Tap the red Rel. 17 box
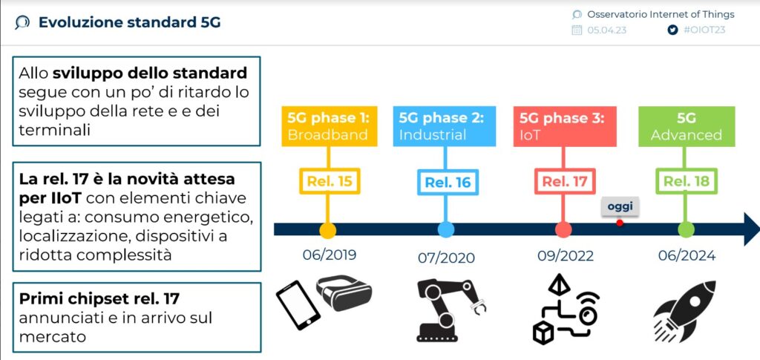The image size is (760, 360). (x=564, y=182)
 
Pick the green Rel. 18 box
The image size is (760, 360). (x=686, y=182)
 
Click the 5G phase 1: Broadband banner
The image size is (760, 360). (x=328, y=126)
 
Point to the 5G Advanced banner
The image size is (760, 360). (x=686, y=126)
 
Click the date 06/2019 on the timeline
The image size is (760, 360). (x=329, y=255)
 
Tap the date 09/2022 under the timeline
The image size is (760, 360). (x=566, y=255)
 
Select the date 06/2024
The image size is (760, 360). (x=687, y=255)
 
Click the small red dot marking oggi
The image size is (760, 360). (x=620, y=223)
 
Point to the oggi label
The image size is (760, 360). (x=620, y=206)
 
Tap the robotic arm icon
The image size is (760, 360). (x=445, y=310)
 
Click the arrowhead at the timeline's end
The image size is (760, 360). (x=750, y=229)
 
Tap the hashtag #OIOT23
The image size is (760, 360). (x=704, y=30)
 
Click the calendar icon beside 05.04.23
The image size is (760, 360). (x=577, y=30)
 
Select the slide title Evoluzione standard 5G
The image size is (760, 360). (x=129, y=22)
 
